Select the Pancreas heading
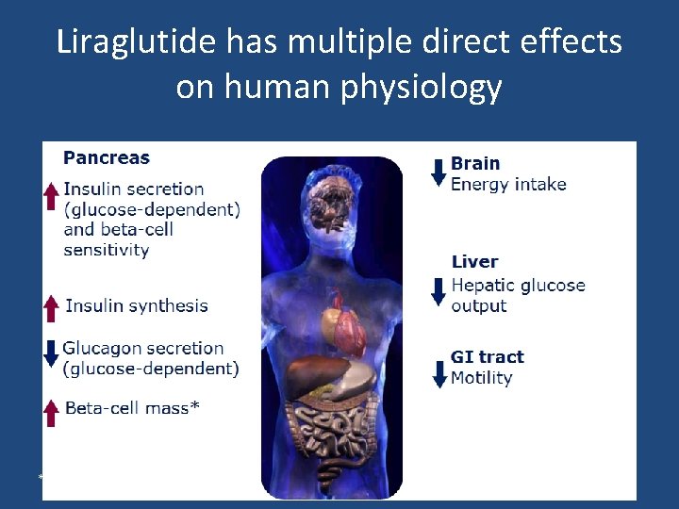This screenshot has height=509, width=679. (x=107, y=157)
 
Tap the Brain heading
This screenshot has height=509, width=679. (x=475, y=164)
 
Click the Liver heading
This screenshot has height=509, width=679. (x=474, y=262)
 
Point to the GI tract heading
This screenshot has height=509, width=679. (x=487, y=356)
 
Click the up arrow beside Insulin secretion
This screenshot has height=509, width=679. (x=52, y=196)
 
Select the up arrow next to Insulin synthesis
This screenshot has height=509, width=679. (x=52, y=307)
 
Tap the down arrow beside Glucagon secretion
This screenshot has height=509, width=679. (x=52, y=353)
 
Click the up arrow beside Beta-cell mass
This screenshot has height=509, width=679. (x=52, y=412)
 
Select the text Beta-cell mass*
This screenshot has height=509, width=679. (x=132, y=408)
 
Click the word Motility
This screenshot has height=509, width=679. (x=481, y=378)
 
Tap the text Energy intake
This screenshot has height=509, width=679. (x=508, y=184)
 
